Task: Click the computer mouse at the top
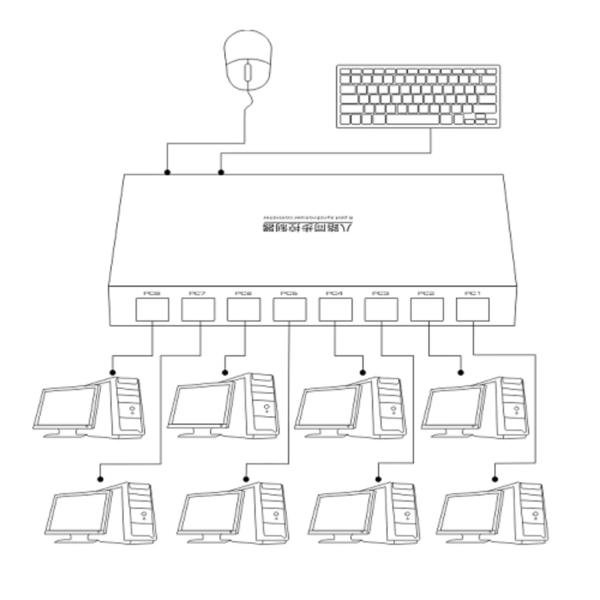(x=247, y=60)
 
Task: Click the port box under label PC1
(x=473, y=310)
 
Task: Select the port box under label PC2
(x=427, y=310)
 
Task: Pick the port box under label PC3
(x=381, y=310)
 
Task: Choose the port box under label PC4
(x=335, y=310)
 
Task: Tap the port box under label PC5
(x=289, y=310)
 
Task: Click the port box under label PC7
(x=198, y=310)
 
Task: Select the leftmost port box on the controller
(x=152, y=310)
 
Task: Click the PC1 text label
(x=473, y=293)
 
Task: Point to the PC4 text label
(x=335, y=293)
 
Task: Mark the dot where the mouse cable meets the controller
(x=167, y=172)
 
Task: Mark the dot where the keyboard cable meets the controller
(x=221, y=172)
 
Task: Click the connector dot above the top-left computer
(x=112, y=373)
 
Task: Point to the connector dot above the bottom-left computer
(x=100, y=479)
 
